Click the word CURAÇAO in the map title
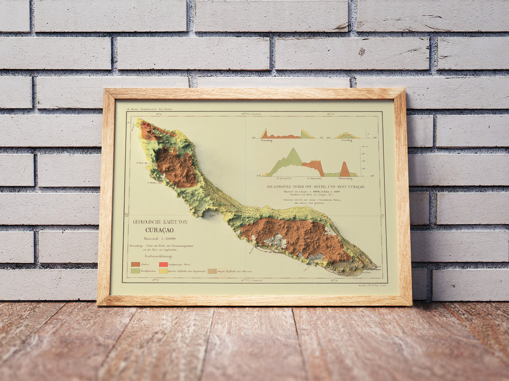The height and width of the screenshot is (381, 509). point(160,231)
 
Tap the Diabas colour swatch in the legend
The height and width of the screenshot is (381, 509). point(135,264)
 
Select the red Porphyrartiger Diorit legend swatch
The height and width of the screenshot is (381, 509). point(163,264)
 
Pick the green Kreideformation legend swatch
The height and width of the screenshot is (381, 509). point(135,271)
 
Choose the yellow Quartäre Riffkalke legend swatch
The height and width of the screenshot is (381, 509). point(163,271)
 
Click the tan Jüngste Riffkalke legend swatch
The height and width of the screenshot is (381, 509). point(212,271)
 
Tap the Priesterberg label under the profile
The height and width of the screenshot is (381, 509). point(268,141)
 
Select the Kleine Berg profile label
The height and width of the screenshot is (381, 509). point(347,141)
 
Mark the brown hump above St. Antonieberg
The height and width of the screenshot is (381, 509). point(345,169)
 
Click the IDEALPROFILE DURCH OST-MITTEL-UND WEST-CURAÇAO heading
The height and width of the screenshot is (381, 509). point(316,187)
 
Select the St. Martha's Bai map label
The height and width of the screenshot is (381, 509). point(154,183)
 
